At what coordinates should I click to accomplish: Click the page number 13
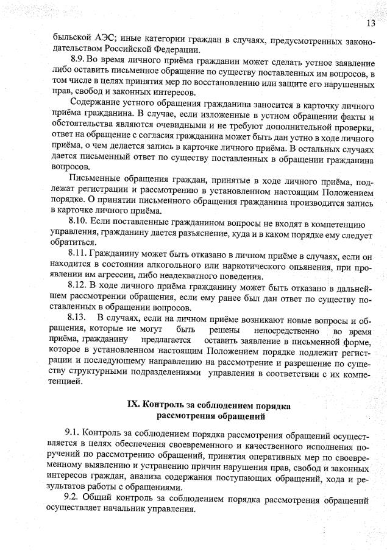pyautogui.click(x=371, y=24)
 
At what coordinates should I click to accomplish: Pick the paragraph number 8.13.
pyautogui.click(x=79, y=320)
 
